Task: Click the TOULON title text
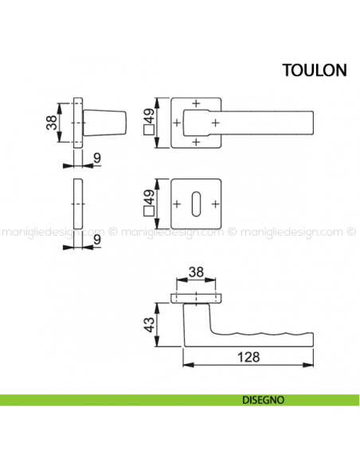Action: click(x=314, y=69)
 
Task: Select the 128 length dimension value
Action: click(x=249, y=357)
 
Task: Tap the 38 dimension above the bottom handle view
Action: click(x=194, y=272)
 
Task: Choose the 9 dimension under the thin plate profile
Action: click(x=96, y=238)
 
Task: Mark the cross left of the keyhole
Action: click(x=177, y=203)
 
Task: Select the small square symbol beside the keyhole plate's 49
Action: click(x=147, y=212)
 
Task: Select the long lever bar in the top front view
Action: click(x=263, y=123)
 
